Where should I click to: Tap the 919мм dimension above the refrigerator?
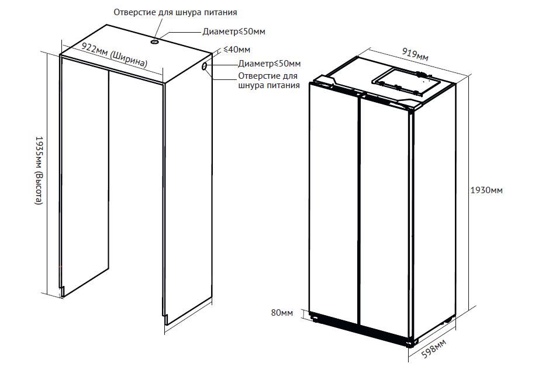[x=415, y=55]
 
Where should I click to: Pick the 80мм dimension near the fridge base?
[x=282, y=313]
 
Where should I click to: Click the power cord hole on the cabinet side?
[x=205, y=68]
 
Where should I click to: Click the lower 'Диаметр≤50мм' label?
[x=270, y=64]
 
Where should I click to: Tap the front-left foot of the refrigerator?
[x=316, y=319]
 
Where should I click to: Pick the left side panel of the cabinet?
[x=85, y=175]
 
